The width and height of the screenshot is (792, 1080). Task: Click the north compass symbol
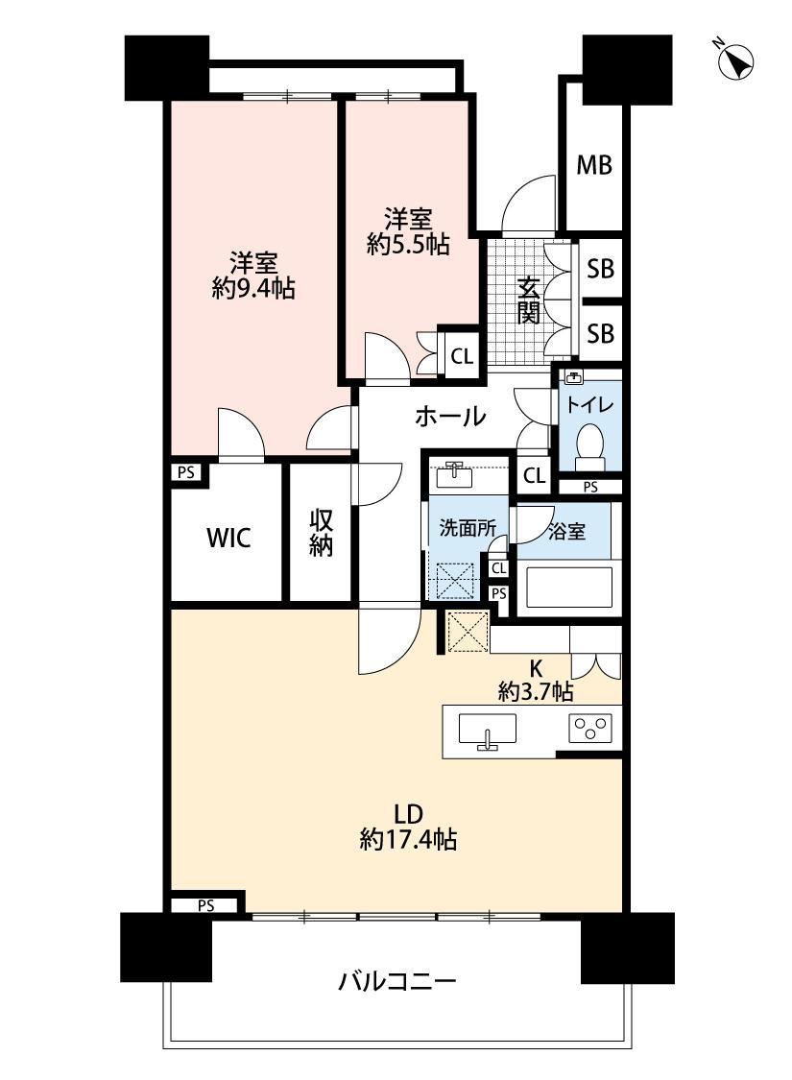click(x=735, y=60)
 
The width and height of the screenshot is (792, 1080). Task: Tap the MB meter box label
click(x=594, y=165)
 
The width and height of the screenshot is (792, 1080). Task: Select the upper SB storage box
click(x=601, y=269)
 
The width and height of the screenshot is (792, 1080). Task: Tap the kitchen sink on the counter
click(x=488, y=731)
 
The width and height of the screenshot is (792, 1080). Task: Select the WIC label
click(x=228, y=538)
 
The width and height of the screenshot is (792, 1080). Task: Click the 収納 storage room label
click(x=321, y=533)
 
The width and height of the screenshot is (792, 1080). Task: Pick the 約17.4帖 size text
click(x=408, y=840)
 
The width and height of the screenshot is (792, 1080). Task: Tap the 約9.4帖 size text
click(x=253, y=289)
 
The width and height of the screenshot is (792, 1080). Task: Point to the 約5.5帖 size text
click(x=408, y=245)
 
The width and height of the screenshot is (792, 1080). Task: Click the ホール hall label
click(x=450, y=416)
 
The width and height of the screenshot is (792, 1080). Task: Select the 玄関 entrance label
click(x=528, y=300)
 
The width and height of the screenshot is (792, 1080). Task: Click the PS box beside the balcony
click(x=205, y=905)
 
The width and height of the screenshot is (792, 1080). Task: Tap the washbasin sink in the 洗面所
click(x=454, y=474)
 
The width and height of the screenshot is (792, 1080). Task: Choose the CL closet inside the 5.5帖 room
click(x=462, y=356)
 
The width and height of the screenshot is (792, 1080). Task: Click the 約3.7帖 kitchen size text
click(x=535, y=691)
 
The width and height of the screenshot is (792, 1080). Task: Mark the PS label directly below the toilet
click(x=590, y=487)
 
